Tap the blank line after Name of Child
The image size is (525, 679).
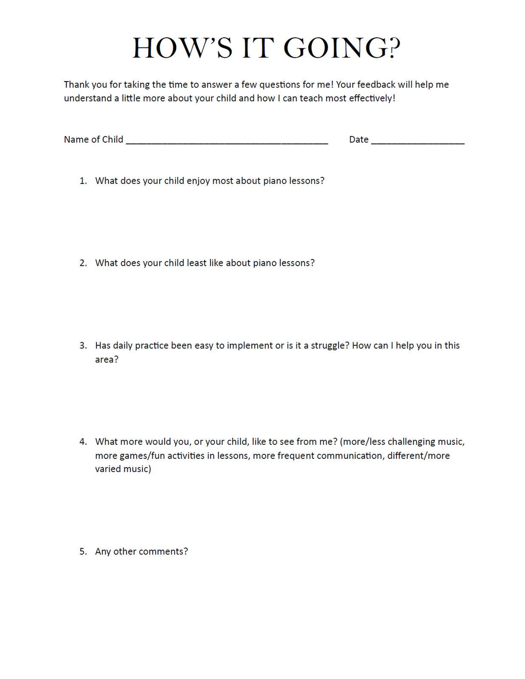[x=227, y=141]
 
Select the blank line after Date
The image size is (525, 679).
[x=418, y=141]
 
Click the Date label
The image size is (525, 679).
[x=358, y=140]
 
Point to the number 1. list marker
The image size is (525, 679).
[x=83, y=181]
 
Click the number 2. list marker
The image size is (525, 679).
[x=83, y=263]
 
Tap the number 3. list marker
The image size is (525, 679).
[x=83, y=345]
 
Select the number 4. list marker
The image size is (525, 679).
[x=83, y=442]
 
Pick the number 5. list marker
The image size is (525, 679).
[x=83, y=552]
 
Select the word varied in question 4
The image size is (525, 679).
[x=109, y=469]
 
